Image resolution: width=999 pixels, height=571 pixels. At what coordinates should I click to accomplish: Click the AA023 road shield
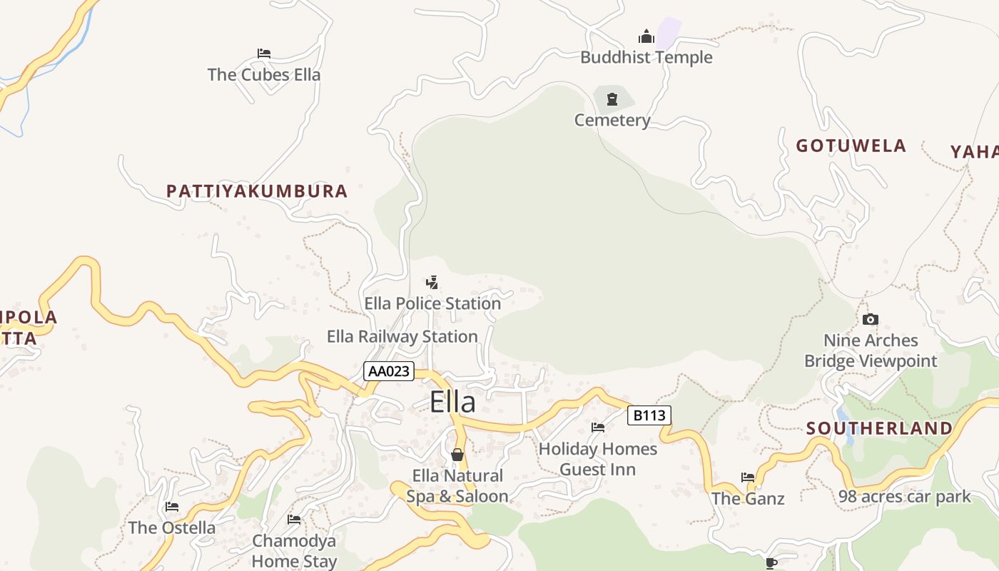(389, 371)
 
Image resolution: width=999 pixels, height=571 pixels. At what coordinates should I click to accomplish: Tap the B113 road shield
(649, 415)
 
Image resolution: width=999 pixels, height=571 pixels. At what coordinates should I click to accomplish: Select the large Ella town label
(452, 403)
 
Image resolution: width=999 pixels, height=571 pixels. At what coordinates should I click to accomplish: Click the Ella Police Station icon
(432, 283)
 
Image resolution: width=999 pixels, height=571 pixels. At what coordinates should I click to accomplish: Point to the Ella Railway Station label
(402, 336)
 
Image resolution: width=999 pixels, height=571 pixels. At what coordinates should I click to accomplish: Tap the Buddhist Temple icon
(646, 36)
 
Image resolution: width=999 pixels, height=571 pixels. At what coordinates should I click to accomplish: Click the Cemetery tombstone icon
(612, 99)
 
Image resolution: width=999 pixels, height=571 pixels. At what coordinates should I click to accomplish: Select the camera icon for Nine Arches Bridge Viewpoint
(870, 319)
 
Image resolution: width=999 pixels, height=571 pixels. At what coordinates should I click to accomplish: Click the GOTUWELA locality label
(851, 146)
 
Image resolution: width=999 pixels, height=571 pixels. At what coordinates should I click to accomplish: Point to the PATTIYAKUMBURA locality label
(257, 191)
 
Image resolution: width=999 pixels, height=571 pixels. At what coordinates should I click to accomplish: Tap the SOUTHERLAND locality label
(879, 428)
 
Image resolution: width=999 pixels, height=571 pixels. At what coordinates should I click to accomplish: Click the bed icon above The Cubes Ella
(264, 54)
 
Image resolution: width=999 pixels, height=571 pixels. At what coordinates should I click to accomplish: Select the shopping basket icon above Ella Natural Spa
(457, 454)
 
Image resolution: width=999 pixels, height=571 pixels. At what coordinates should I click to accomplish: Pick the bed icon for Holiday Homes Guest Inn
(598, 428)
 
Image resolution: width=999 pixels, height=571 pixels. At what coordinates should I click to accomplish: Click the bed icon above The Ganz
(748, 477)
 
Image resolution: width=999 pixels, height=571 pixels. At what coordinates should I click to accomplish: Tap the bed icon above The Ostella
(172, 507)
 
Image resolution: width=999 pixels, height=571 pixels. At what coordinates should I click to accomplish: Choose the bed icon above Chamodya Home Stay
(294, 519)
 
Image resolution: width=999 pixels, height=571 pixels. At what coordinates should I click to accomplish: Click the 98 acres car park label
(904, 497)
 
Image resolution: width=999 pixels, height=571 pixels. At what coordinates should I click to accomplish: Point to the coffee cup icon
(771, 563)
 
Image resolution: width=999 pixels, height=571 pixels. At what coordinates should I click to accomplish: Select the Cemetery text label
(612, 120)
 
